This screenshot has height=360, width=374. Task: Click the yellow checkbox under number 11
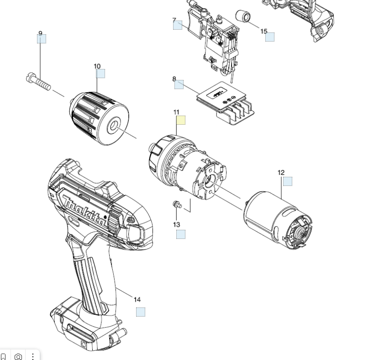tap(181, 120)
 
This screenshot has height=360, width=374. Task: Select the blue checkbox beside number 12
tap(288, 181)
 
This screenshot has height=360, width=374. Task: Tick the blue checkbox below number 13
tap(181, 234)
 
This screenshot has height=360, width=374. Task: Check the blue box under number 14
tap(141, 312)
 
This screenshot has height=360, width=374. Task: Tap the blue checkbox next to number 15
tap(270, 37)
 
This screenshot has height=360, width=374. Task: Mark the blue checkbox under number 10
tap(100, 74)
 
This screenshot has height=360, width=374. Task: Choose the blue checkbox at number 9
tap(42, 39)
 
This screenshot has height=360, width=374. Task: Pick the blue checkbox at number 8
tap(179, 85)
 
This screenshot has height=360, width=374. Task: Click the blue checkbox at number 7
tap(178, 25)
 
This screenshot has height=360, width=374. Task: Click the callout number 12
tap(281, 173)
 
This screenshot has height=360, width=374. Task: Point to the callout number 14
tap(137, 299)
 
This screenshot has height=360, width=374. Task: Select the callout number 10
tap(97, 66)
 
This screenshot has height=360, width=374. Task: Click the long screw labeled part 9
tap(38, 81)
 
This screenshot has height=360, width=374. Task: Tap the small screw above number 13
tap(177, 205)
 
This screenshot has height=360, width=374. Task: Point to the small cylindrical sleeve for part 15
tap(243, 16)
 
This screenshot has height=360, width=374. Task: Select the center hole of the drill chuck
tap(113, 125)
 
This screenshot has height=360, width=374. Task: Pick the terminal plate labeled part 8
tap(226, 103)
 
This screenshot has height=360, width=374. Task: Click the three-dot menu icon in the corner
tap(33, 356)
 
